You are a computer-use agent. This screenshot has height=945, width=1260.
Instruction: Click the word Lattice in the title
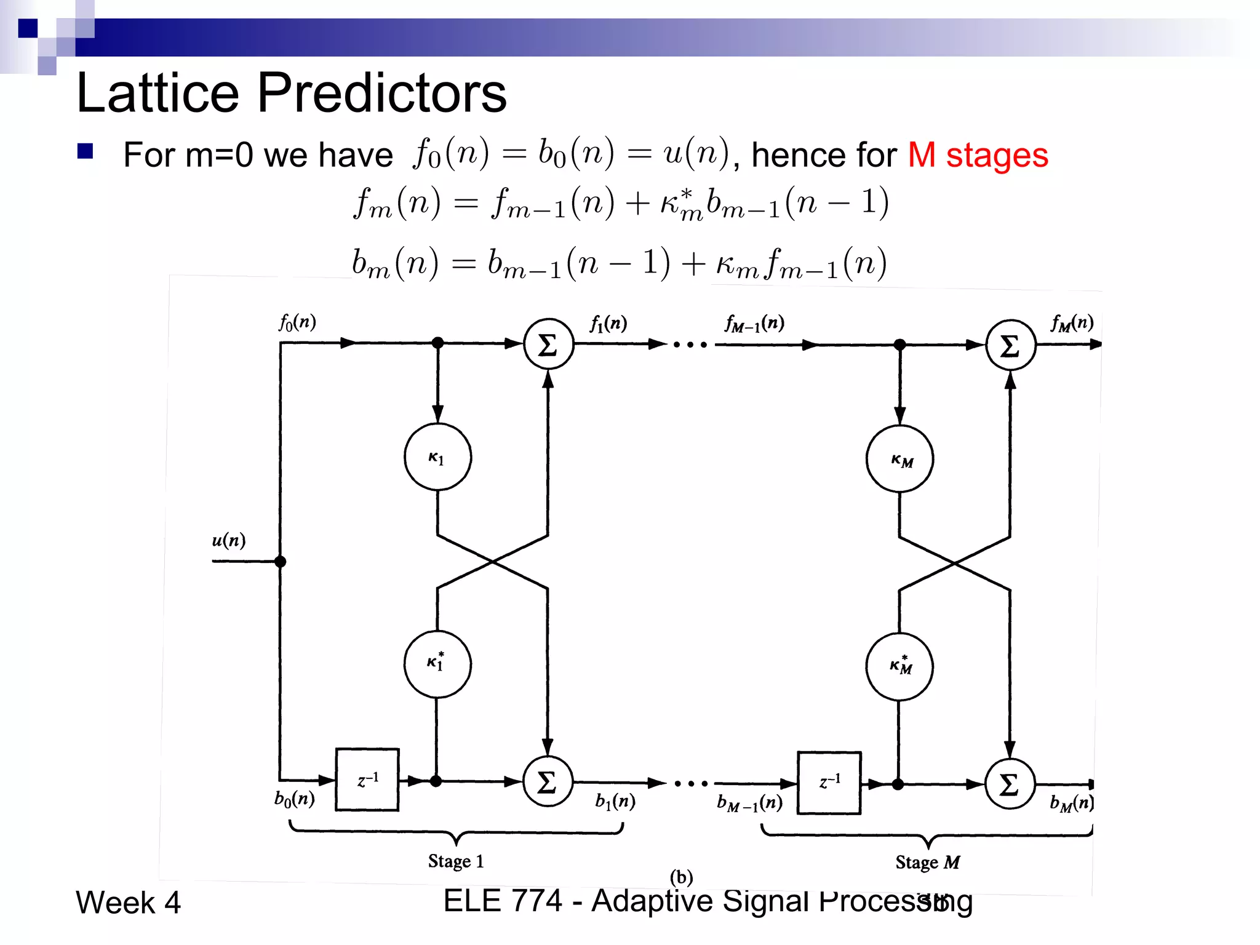coord(157,93)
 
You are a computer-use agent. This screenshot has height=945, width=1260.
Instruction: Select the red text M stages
coord(978,155)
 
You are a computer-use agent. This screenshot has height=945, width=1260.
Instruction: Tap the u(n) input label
coord(228,541)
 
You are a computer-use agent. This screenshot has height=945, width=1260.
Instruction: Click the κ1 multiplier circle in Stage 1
coord(437,457)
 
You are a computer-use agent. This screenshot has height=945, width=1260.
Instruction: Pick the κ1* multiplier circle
coord(437,664)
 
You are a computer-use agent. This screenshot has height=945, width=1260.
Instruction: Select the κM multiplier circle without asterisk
coord(899,459)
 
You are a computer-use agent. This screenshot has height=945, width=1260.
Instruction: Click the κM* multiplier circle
coord(899,666)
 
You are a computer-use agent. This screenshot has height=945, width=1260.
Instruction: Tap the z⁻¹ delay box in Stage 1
coord(367,780)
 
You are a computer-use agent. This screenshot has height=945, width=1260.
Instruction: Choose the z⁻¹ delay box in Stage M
coord(829,783)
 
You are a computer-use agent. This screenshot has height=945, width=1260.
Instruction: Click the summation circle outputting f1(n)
coord(548,344)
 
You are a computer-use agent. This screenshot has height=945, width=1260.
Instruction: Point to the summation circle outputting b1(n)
coord(548,781)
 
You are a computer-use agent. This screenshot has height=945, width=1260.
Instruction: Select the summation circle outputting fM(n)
coord(1010,345)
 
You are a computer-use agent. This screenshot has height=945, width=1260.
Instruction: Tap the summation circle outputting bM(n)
coord(1010,784)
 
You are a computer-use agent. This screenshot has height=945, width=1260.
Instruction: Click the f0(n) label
coord(297,322)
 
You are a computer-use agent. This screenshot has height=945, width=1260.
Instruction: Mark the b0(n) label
coord(295,799)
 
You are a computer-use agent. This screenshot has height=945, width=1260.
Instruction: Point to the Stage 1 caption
coord(456,861)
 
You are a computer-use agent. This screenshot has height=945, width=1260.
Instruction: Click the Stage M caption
coord(927,863)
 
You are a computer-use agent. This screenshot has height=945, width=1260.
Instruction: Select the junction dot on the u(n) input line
coord(281,561)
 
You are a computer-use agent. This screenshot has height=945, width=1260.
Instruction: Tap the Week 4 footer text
coord(128,903)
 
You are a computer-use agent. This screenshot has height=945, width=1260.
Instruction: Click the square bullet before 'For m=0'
coord(85,151)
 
